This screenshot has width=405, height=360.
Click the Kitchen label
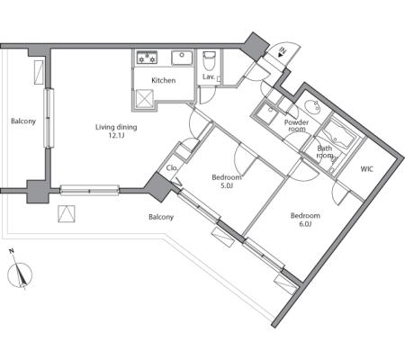click(164, 80)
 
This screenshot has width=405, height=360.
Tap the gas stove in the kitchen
click(147, 58)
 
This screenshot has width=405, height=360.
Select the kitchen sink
click(182, 58)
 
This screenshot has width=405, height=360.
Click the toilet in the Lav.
click(209, 60)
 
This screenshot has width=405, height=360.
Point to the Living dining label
click(116, 127)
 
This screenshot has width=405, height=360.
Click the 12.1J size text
click(116, 135)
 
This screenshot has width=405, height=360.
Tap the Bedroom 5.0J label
click(227, 182)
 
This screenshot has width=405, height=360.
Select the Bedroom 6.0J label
click(305, 220)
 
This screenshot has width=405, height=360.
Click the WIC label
click(367, 169)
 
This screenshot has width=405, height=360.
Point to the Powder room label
click(296, 126)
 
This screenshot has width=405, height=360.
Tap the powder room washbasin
click(311, 106)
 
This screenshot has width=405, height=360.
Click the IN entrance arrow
click(282, 51)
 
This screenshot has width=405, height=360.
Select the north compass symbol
click(20, 271)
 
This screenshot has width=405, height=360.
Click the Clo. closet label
click(172, 168)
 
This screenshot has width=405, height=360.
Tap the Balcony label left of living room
click(23, 121)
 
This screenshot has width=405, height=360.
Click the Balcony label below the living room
click(161, 217)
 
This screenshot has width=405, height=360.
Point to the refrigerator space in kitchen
click(145, 98)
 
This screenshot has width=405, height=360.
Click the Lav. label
click(209, 76)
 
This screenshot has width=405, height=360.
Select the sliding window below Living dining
click(90, 190)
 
